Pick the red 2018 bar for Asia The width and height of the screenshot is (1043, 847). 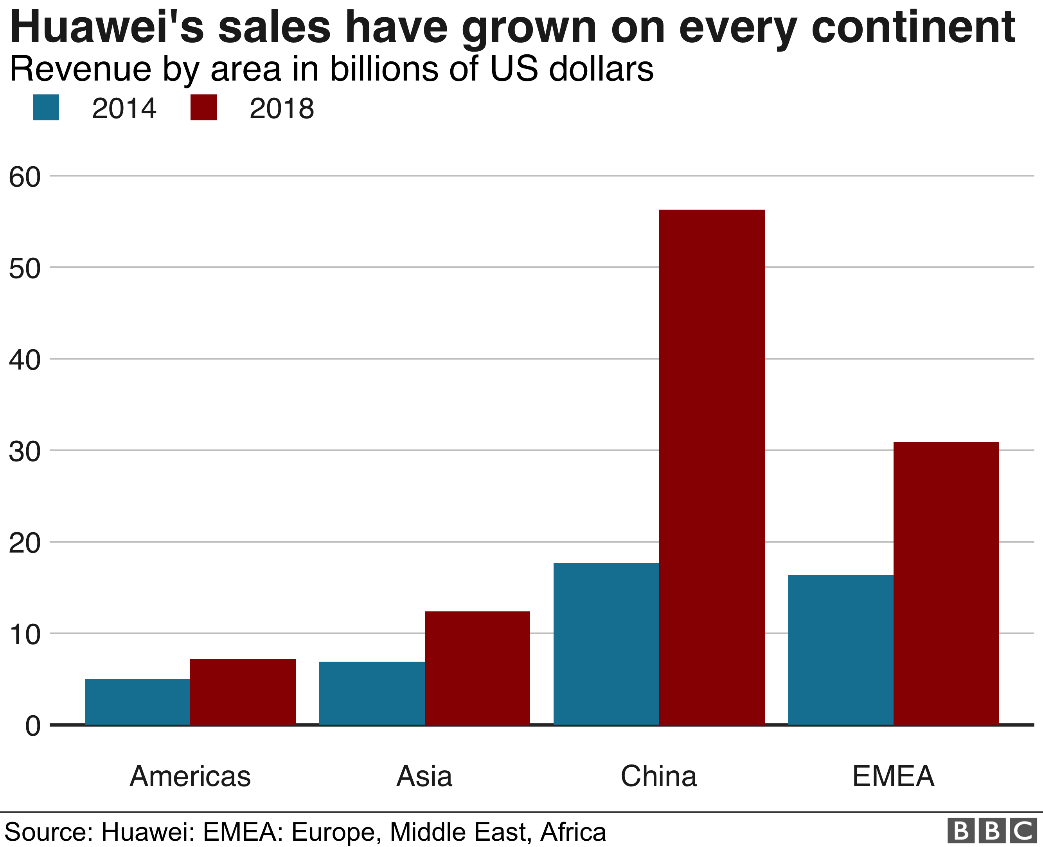click(x=477, y=668)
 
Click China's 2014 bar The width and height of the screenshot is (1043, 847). click(x=606, y=644)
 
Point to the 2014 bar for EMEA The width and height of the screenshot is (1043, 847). click(x=840, y=650)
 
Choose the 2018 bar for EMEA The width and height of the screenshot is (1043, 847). click(x=946, y=583)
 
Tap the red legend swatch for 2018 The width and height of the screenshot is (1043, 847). click(x=203, y=107)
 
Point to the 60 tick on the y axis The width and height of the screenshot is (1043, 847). click(x=24, y=177)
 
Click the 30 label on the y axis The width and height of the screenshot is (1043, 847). click(x=24, y=452)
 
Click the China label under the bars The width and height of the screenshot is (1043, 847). click(x=658, y=776)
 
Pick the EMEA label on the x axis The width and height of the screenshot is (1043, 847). click(x=893, y=776)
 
